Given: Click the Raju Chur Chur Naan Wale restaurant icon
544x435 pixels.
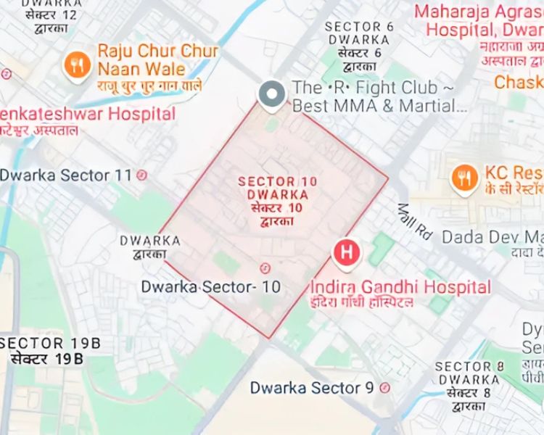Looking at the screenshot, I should point(75,62).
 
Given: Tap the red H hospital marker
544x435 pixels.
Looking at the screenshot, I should point(346,252).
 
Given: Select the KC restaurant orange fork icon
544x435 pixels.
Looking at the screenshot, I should point(463,176).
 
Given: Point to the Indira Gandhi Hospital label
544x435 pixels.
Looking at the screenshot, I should point(400,287).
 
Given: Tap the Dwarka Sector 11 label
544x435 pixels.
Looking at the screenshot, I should point(66,175).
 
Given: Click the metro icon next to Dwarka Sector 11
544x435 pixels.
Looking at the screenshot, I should point(142,175).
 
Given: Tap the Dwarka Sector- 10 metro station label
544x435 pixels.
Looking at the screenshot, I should point(211,286).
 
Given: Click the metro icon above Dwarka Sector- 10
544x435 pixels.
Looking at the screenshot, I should point(264,267).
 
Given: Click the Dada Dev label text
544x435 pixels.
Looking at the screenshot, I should point(492,236).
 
